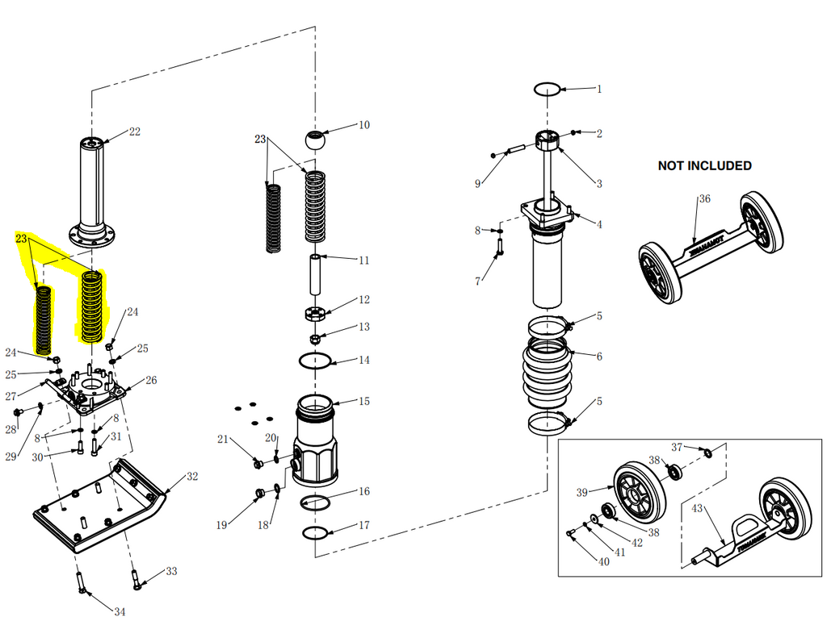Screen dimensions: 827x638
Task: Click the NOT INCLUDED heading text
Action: pos(704,165)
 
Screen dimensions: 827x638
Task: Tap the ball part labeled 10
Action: pos(316,140)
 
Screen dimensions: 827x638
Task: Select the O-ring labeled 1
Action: pos(547,89)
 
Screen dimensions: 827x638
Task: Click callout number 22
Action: pos(135,131)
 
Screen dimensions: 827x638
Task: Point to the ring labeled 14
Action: pos(315,361)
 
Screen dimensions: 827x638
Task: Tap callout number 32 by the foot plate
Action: pos(192,476)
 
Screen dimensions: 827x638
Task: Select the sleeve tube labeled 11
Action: pos(315,274)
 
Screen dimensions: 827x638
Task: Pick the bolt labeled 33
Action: pos(136,578)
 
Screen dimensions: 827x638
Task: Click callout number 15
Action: pos(364,402)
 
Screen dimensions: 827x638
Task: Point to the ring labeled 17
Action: pos(316,532)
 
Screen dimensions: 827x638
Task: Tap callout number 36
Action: pos(704,198)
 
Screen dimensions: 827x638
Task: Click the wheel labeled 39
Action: pos(640,493)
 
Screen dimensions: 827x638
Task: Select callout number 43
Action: pos(697,508)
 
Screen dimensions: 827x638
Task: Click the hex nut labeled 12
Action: pos(315,314)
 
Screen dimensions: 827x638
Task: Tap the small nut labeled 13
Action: pos(314,339)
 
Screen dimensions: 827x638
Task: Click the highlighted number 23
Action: pos(21,239)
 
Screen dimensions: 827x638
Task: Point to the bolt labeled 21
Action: pos(258,464)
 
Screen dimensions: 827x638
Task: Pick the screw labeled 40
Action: pos(571,534)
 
